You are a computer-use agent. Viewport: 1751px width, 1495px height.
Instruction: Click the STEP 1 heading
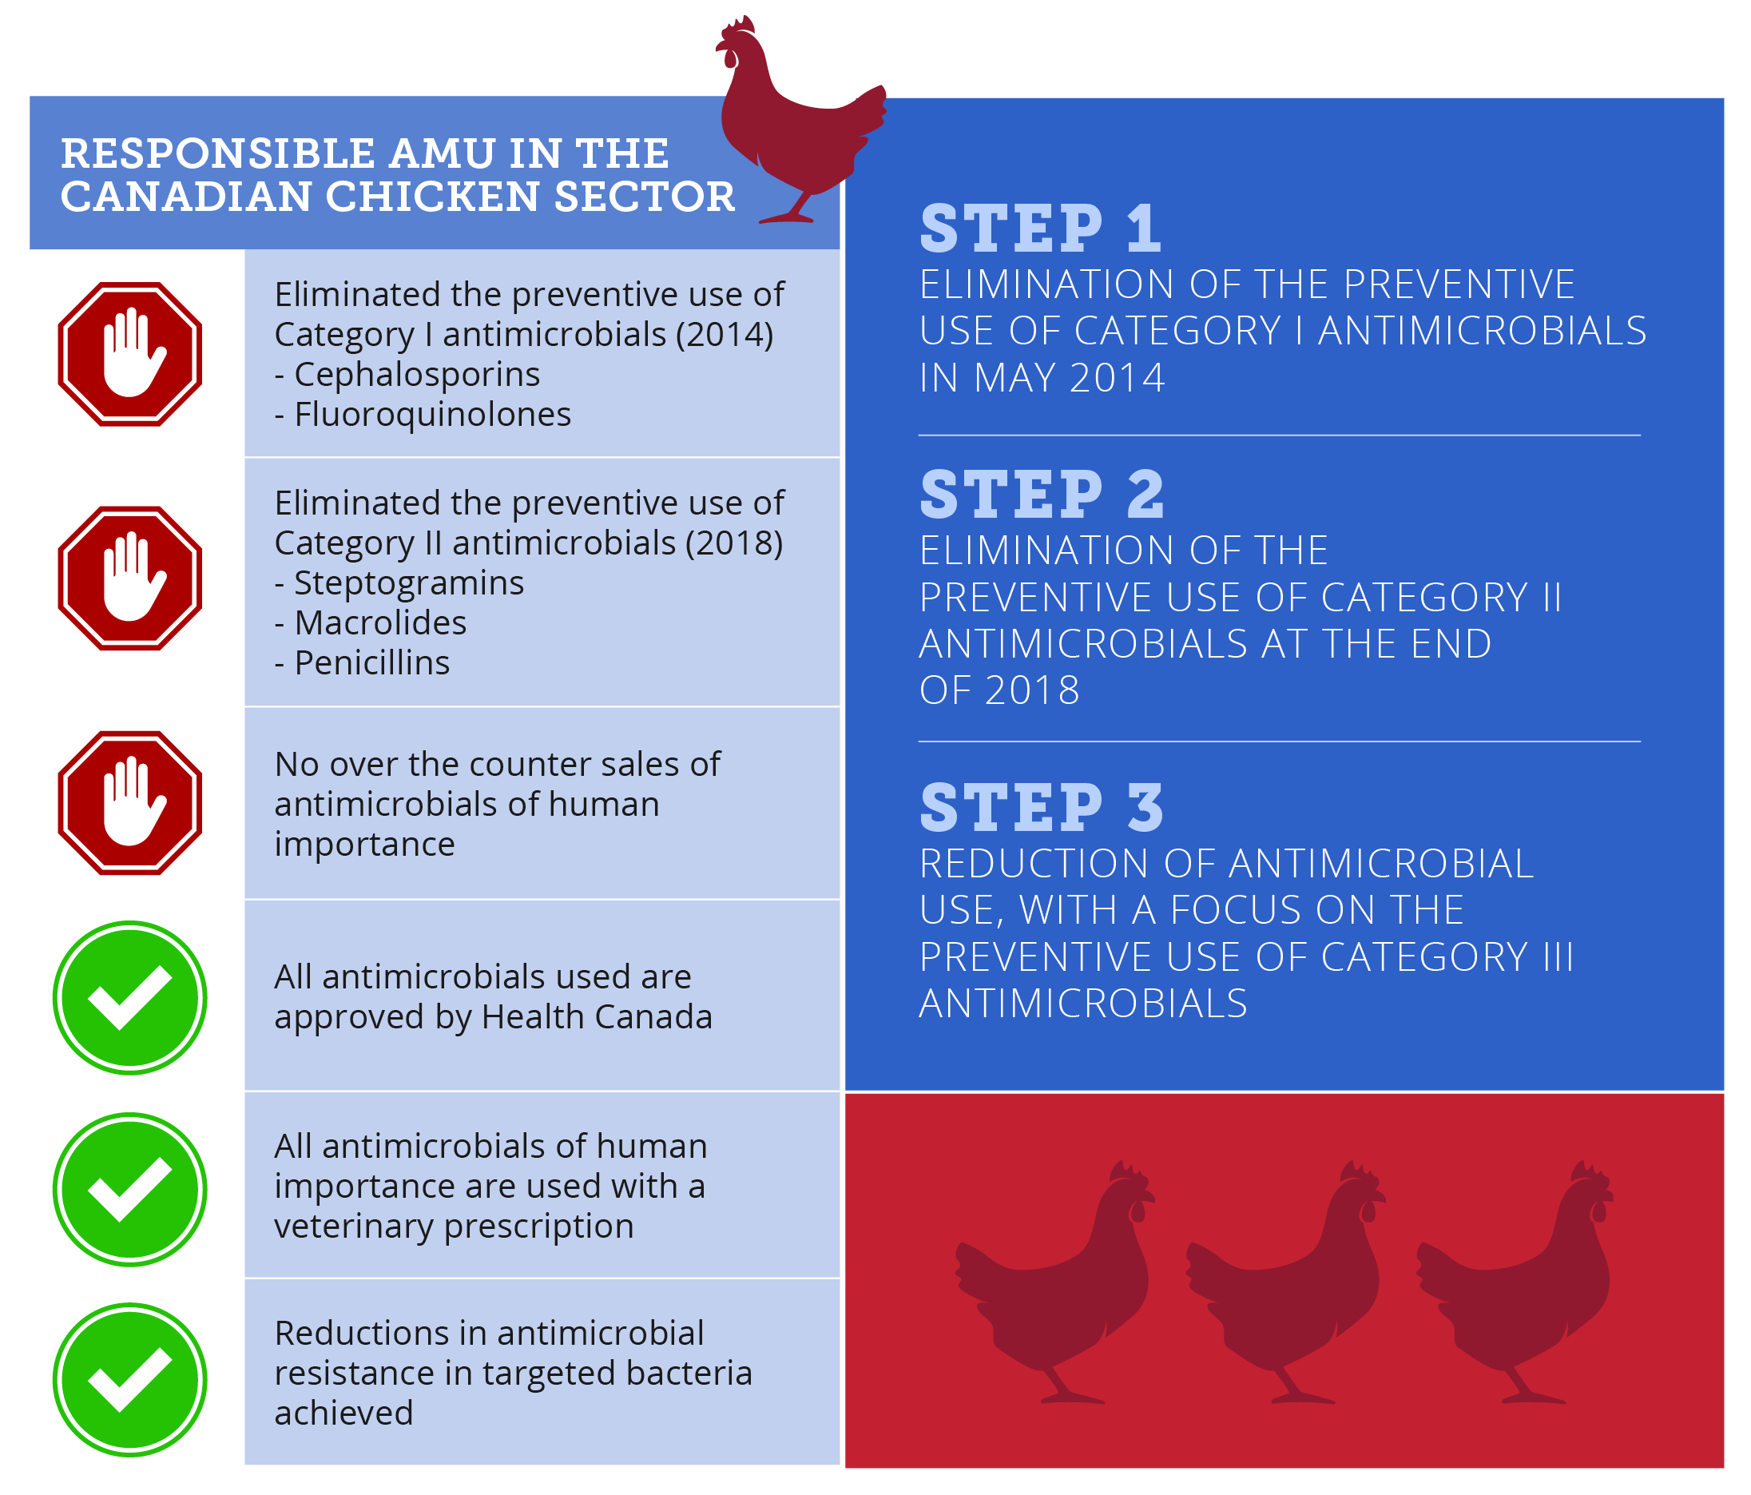click(x=1040, y=229)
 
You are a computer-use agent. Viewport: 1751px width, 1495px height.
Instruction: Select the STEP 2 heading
click(x=1042, y=495)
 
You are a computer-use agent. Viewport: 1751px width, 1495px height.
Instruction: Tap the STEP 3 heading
click(x=1042, y=807)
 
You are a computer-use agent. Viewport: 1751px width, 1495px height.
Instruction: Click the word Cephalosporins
click(x=417, y=375)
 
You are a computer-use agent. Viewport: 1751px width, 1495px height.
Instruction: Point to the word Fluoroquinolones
click(x=433, y=414)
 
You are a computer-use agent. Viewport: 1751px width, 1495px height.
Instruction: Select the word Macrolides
click(x=380, y=622)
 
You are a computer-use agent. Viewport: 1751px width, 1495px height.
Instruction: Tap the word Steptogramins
click(x=409, y=583)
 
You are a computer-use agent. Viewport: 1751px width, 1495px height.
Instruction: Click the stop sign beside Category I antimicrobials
click(x=130, y=354)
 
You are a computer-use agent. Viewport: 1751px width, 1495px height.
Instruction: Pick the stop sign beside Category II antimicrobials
click(x=130, y=578)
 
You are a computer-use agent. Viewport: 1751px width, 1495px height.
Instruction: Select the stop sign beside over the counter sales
click(x=130, y=803)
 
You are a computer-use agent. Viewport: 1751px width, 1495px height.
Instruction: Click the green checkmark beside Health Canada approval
click(x=130, y=997)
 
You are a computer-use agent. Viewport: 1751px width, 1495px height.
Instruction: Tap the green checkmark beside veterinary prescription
click(x=130, y=1189)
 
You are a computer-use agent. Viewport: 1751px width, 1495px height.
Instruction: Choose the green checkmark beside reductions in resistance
click(x=130, y=1379)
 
